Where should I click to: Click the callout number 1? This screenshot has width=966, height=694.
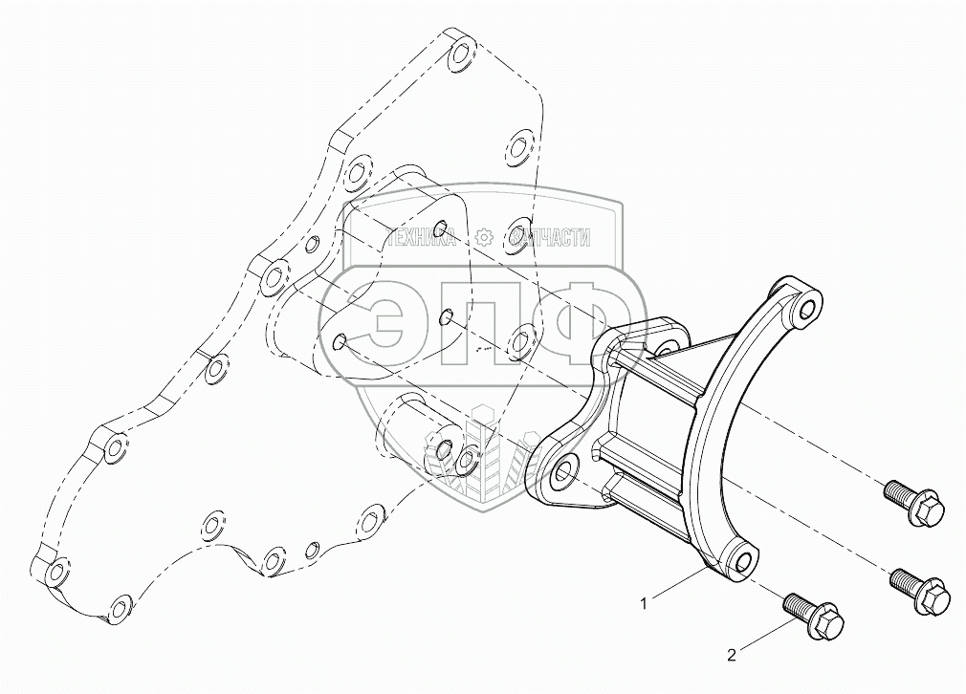(644, 604)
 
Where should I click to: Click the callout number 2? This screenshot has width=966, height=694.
(732, 656)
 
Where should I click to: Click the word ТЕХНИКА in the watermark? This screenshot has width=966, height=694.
(422, 236)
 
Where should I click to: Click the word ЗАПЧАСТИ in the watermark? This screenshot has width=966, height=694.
(550, 236)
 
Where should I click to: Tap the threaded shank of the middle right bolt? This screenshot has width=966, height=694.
(904, 580)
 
